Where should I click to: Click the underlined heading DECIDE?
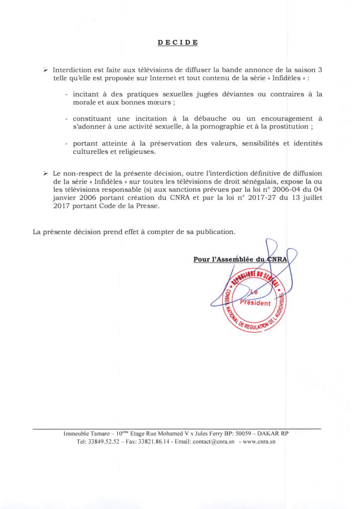pyautogui.click(x=178, y=42)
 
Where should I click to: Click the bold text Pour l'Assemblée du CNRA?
pyautogui.click(x=244, y=259)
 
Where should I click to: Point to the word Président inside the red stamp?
pyautogui.click(x=256, y=303)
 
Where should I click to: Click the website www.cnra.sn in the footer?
pyautogui.click(x=262, y=441)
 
